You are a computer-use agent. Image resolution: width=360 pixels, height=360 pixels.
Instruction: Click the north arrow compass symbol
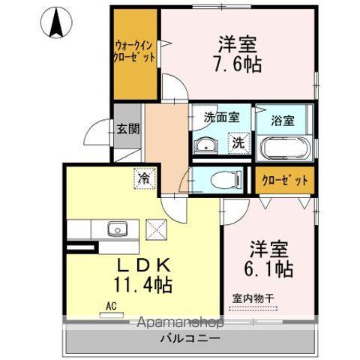click(x=56, y=22)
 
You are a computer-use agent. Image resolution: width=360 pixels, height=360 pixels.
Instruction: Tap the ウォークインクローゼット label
click(x=134, y=52)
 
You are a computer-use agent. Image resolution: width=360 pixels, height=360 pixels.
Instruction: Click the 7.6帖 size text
click(x=237, y=64)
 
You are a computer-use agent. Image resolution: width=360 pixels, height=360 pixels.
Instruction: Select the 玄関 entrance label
click(x=128, y=129)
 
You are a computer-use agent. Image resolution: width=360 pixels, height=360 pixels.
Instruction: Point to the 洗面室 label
click(x=222, y=117)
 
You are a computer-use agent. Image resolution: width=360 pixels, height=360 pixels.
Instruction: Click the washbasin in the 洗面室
click(x=206, y=145)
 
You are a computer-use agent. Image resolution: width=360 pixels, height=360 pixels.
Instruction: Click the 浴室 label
click(x=283, y=121)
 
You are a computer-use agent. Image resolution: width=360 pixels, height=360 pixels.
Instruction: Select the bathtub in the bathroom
click(x=285, y=148)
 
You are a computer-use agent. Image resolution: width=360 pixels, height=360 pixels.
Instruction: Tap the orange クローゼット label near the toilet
click(x=285, y=180)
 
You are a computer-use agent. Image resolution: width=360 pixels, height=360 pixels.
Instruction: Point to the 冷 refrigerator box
click(x=145, y=178)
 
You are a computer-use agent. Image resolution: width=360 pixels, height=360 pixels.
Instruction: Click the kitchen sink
click(x=118, y=229)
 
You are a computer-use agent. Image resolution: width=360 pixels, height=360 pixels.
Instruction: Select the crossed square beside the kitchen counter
click(x=156, y=229)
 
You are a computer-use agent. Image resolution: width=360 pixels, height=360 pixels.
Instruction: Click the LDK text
click(x=144, y=265)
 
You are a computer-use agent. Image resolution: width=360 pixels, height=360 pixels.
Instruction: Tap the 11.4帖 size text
click(x=143, y=285)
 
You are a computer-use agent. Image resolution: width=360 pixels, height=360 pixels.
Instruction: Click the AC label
click(x=111, y=306)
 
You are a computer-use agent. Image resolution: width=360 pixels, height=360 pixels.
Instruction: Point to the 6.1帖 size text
click(x=268, y=268)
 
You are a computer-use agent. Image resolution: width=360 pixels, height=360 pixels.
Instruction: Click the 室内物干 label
click(x=253, y=298)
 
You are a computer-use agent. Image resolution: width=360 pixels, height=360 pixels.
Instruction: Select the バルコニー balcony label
click(x=190, y=338)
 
